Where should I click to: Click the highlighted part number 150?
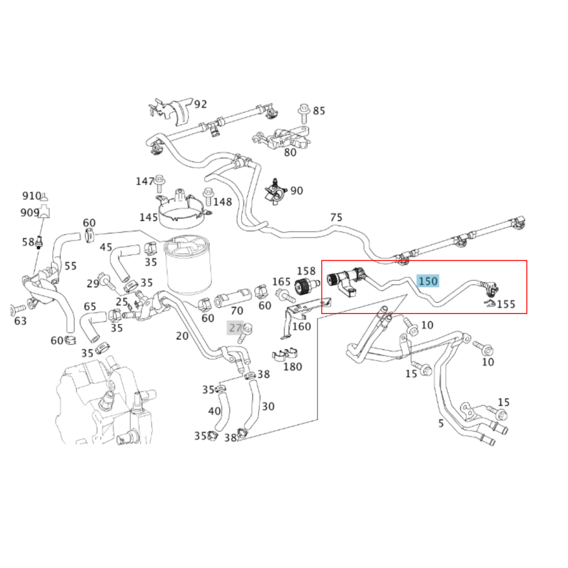428,281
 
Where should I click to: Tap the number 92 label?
200,104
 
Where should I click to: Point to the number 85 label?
319,111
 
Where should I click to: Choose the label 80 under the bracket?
290,153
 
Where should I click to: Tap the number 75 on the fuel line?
336,217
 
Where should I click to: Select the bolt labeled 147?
159,183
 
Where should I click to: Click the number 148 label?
222,202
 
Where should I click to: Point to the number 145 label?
148,217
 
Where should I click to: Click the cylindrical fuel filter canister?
187,266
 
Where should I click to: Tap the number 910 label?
31,196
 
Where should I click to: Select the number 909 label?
29,212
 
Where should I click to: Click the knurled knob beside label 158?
303,287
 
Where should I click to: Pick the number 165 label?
281,282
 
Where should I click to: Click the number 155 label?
506,304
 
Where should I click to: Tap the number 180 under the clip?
293,367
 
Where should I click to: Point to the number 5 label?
441,423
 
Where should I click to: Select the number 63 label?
20,320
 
